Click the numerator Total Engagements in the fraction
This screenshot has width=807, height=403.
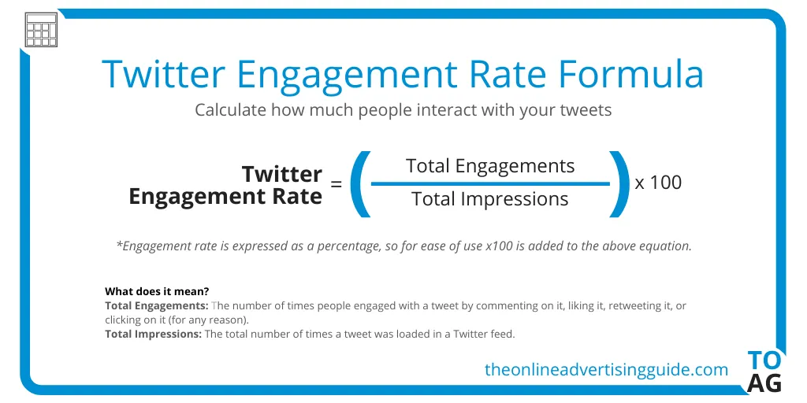tap(490, 166)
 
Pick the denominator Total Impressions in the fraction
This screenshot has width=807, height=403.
tap(490, 199)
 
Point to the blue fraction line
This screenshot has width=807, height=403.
tap(490, 183)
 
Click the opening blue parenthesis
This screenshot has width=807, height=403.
tap(359, 183)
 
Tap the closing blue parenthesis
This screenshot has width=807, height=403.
tap(619, 183)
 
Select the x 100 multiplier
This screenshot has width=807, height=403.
tap(658, 183)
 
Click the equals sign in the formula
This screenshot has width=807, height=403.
tap(337, 184)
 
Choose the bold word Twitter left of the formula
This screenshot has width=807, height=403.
tap(281, 173)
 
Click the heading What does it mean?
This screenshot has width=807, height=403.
tap(157, 291)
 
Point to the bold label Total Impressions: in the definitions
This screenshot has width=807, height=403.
tap(154, 335)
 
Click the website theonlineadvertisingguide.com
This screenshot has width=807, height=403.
tap(606, 369)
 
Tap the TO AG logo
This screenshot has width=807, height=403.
tap(764, 372)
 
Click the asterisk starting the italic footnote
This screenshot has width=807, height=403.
tap(119, 245)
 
